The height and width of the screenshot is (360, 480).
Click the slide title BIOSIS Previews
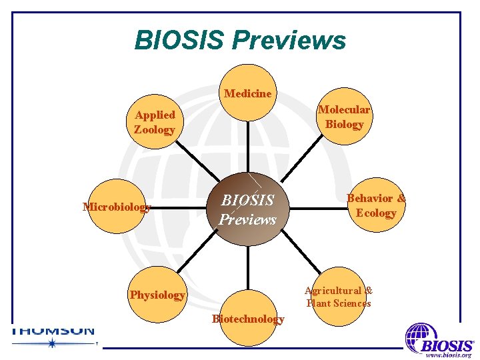240,40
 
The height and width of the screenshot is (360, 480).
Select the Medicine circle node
248,93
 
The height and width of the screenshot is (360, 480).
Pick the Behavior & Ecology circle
376,205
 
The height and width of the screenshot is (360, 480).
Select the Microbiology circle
116,207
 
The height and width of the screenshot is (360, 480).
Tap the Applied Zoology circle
154,122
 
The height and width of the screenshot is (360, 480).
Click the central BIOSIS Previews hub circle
248,209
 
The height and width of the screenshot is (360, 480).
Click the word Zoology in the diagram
154,130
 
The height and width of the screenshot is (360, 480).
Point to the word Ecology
376,213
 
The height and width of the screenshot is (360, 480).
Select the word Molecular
344,110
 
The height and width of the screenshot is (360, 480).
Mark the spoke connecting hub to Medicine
248,147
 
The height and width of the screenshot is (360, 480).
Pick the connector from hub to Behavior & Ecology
320,207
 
